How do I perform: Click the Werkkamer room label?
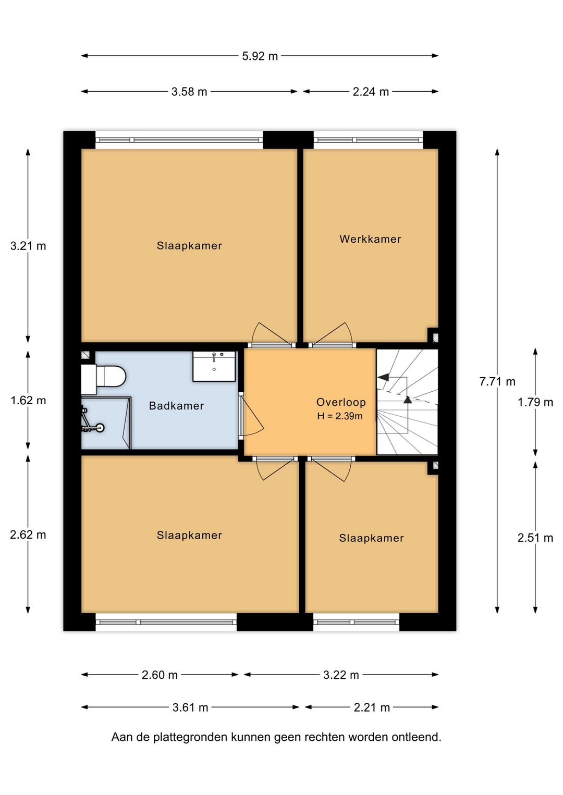[370, 239]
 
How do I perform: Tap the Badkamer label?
[176, 406]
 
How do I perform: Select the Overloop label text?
[341, 402]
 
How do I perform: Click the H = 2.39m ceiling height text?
[340, 416]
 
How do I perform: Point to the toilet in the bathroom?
[107, 377]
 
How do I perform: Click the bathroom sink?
[214, 366]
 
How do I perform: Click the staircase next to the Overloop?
[407, 402]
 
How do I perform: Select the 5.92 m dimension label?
[260, 56]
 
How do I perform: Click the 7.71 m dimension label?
[497, 381]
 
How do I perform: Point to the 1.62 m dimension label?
[28, 400]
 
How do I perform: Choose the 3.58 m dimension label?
[189, 92]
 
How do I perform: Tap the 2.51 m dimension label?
[535, 538]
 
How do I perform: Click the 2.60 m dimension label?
[160, 675]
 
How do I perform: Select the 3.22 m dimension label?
[341, 675]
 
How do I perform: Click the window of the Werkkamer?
[368, 140]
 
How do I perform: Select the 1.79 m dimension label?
[535, 402]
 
